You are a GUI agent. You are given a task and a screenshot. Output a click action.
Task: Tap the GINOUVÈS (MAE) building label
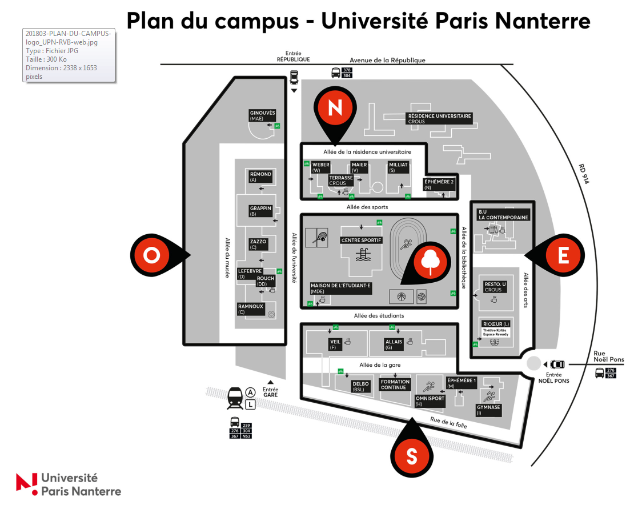click(263, 115)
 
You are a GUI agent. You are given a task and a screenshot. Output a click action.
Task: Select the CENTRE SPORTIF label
click(361, 240)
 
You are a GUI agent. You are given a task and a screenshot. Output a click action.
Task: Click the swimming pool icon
click(362, 255)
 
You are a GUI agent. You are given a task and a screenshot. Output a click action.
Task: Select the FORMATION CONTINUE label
click(395, 384)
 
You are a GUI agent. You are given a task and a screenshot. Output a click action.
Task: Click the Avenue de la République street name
click(387, 60)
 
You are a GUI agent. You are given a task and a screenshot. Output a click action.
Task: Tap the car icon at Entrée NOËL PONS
click(557, 364)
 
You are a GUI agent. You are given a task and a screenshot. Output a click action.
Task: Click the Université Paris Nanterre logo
click(69, 484)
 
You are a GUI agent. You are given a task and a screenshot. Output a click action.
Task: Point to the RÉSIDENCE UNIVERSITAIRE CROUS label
click(439, 118)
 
